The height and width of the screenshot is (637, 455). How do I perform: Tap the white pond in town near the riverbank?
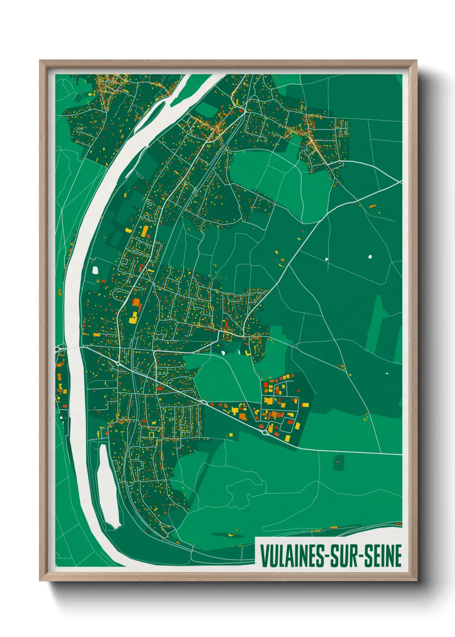pyautogui.click(x=95, y=270)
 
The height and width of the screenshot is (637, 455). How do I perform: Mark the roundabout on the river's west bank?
pyautogui.click(x=58, y=349)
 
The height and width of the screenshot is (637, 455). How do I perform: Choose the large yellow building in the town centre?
pyautogui.click(x=133, y=318)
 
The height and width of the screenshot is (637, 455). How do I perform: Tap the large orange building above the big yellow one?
pyautogui.click(x=136, y=302)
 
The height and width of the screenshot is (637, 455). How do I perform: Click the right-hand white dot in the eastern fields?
pyautogui.click(x=370, y=257)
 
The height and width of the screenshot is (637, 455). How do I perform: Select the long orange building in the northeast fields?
pyautogui.click(x=372, y=207)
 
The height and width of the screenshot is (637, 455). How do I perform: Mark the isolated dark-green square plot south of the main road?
pyautogui.click(x=339, y=462)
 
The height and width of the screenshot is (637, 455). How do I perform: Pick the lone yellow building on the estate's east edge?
pyautogui.click(x=305, y=404)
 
